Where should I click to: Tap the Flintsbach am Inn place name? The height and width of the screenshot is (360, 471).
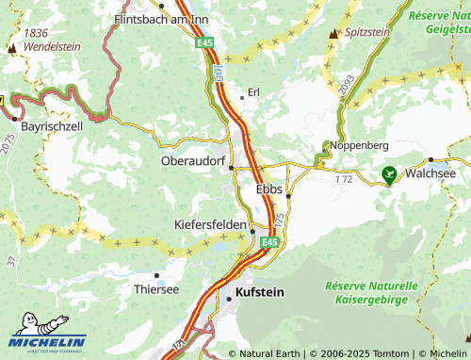[x=155, y=18]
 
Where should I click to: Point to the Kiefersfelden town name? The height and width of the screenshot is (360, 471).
[x=210, y=225]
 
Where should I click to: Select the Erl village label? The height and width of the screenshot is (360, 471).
[x=252, y=92]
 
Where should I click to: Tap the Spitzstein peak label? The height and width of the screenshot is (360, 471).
[x=368, y=32]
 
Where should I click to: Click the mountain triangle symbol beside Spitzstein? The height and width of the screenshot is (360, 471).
[x=333, y=33]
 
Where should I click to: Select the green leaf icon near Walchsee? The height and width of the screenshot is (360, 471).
[x=389, y=173]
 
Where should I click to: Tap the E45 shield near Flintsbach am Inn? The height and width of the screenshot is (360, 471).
[x=204, y=43]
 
